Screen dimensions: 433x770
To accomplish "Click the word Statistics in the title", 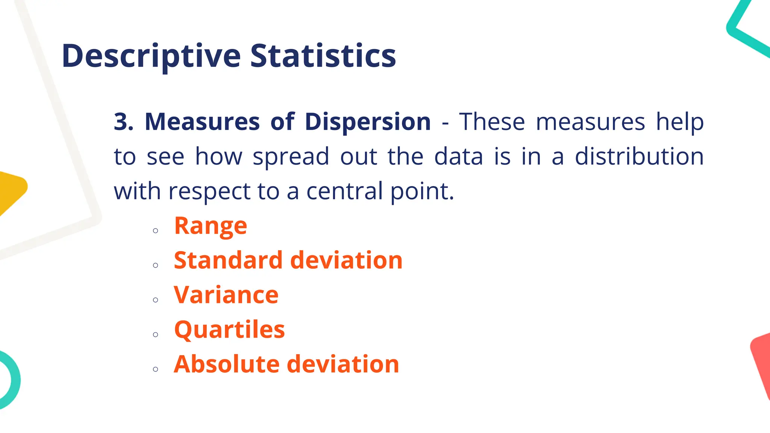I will (323, 56).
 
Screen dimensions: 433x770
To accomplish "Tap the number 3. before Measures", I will (124, 122).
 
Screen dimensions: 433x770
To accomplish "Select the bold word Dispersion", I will (367, 122).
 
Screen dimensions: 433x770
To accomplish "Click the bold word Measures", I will (202, 122).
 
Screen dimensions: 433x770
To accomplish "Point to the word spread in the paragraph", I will (291, 157).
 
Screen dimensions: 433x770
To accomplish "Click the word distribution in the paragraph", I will (639, 156).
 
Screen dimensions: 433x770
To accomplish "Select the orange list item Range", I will (211, 226).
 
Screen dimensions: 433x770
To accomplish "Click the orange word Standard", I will (228, 260).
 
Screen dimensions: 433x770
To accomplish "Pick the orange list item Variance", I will (226, 295).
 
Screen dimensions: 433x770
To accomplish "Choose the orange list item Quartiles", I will (229, 330).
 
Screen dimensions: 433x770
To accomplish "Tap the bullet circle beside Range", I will (156, 231).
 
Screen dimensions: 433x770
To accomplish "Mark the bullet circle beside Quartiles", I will (156, 335).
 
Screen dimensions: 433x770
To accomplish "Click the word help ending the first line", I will (680, 122).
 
